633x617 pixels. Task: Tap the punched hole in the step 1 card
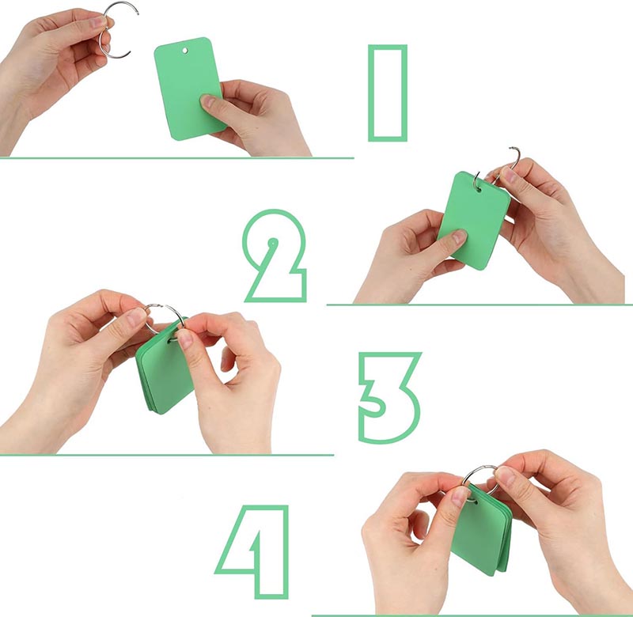click(x=185, y=51)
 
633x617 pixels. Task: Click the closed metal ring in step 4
click(x=479, y=467)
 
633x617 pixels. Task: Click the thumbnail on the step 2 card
click(x=460, y=235)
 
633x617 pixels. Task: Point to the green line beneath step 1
click(x=176, y=157)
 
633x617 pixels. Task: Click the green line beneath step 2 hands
click(x=479, y=305)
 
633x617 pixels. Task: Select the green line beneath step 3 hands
click(x=167, y=455)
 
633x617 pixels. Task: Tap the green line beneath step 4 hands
click(x=472, y=615)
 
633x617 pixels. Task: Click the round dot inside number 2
click(x=273, y=243)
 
